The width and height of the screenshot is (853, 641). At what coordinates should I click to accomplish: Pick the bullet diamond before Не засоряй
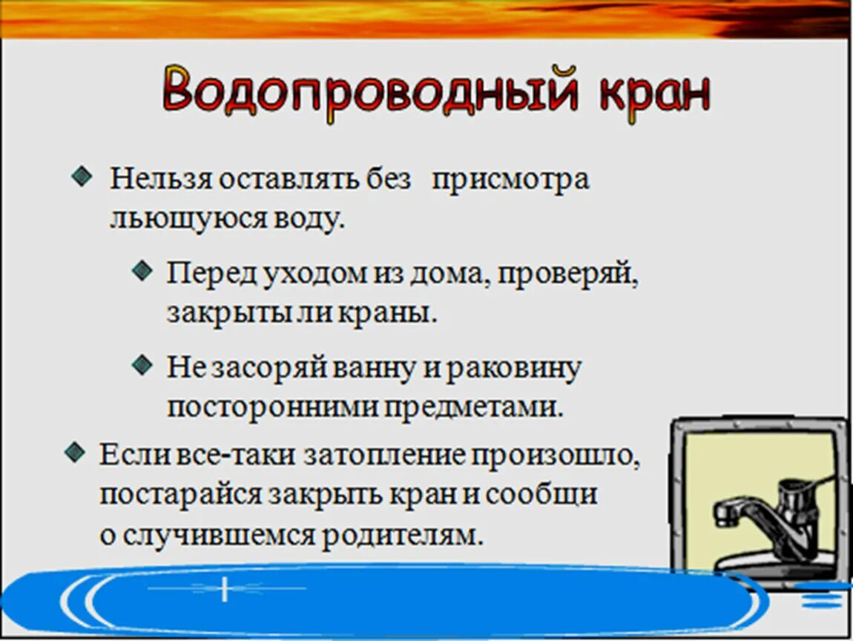(x=141, y=364)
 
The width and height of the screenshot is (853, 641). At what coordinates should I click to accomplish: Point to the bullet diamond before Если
(x=73, y=452)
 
